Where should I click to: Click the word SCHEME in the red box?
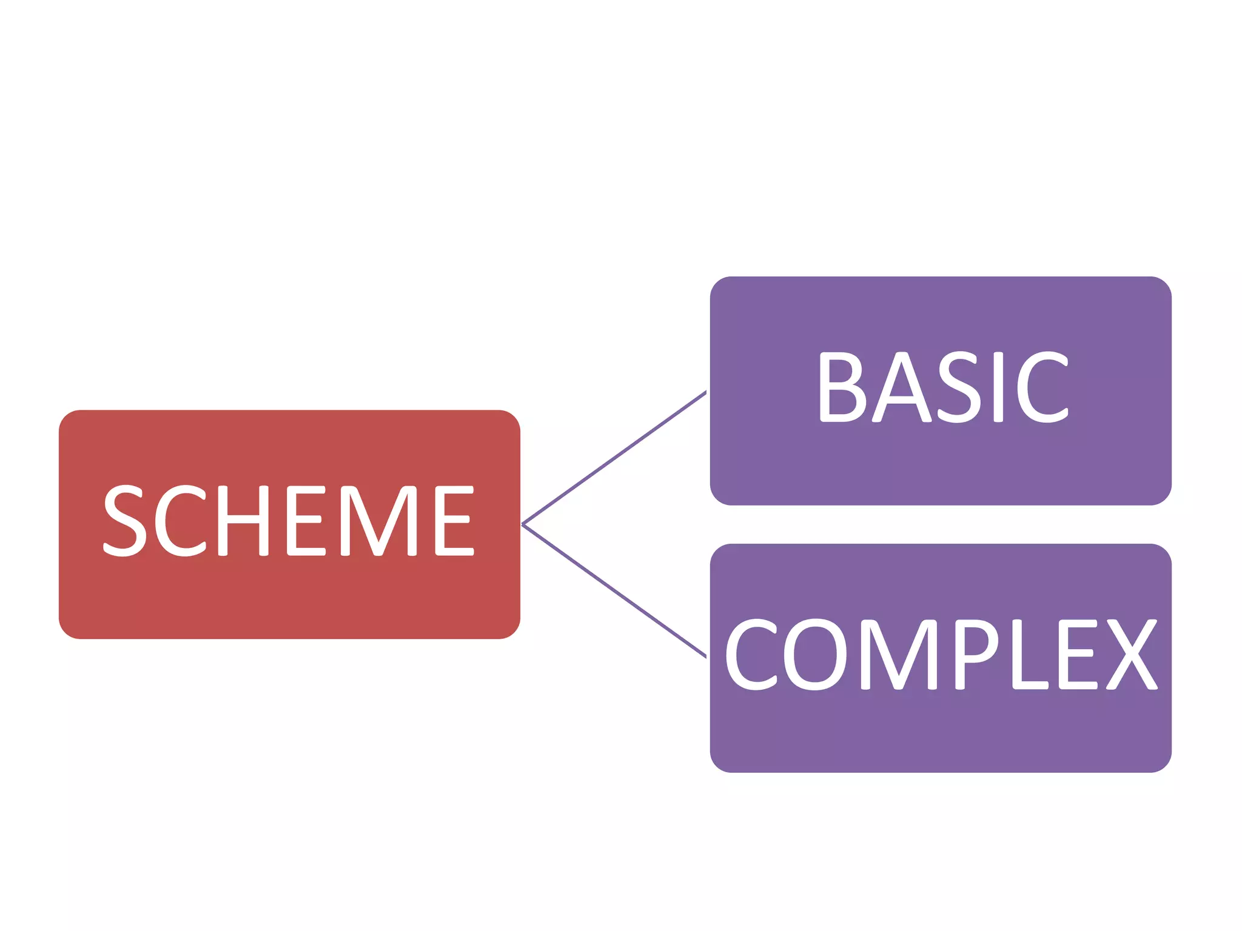pos(289,521)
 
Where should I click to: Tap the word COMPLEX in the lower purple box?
pos(941,654)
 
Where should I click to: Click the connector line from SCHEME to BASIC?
pos(614,458)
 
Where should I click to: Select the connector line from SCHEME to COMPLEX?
pos(614,591)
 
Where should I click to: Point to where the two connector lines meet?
pos(523,524)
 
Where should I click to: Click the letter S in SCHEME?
pos(125,521)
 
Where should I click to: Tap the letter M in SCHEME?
pos(378,521)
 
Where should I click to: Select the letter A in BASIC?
pos(902,387)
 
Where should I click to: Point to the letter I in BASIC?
pos(998,387)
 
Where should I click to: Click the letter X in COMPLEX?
pos(1132,654)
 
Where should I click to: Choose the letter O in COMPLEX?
pos(814,654)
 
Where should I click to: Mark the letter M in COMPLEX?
pos(898,654)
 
